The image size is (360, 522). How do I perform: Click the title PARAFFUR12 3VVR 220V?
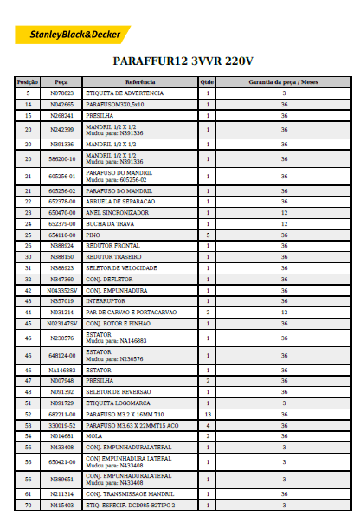(183, 61)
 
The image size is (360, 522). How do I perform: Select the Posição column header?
(28, 81)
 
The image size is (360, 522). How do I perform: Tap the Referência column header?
(140, 81)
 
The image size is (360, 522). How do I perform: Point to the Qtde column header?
(208, 81)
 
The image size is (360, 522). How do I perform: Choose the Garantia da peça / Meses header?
(284, 81)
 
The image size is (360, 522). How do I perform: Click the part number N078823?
(61, 92)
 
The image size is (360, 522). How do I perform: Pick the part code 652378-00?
(61, 201)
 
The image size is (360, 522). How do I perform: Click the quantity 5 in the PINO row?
(208, 235)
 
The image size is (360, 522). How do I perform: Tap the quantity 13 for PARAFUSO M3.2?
(208, 415)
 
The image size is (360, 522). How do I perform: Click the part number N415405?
(61, 505)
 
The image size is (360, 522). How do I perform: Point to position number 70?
(28, 505)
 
